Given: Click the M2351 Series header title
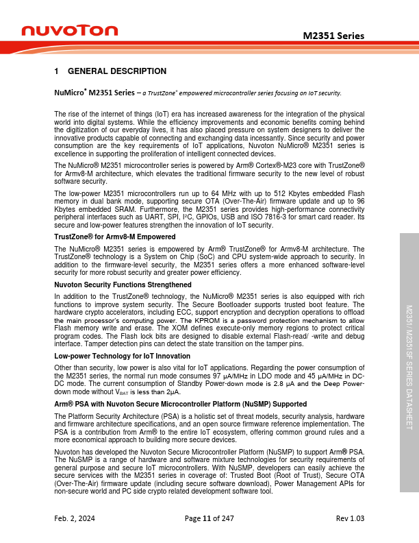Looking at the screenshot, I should pos(333,36).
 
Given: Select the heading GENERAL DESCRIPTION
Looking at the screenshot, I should pos(117,71).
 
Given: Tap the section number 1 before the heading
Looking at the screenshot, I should pos(56,71).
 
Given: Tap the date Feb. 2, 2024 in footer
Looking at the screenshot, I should pos(75,520).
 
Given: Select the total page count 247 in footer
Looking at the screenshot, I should pos(227,520).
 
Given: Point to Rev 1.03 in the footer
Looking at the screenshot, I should pos(350,520).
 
